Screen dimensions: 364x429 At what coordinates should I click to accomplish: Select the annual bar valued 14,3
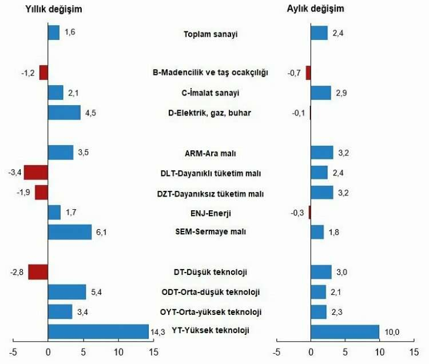coord(98,332)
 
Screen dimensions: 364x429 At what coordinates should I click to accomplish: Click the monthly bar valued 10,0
coord(345,332)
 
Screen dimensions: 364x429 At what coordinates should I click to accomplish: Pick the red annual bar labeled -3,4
coord(36,172)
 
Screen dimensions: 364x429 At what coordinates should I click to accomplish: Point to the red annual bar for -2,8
coord(38,272)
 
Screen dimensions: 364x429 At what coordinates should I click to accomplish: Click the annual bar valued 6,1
coord(70,232)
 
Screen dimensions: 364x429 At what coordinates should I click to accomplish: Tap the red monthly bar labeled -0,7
coord(308,73)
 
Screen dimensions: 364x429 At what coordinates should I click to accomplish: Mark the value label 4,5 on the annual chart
coord(89,113)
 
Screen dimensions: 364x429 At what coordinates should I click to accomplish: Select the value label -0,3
coord(299,213)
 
